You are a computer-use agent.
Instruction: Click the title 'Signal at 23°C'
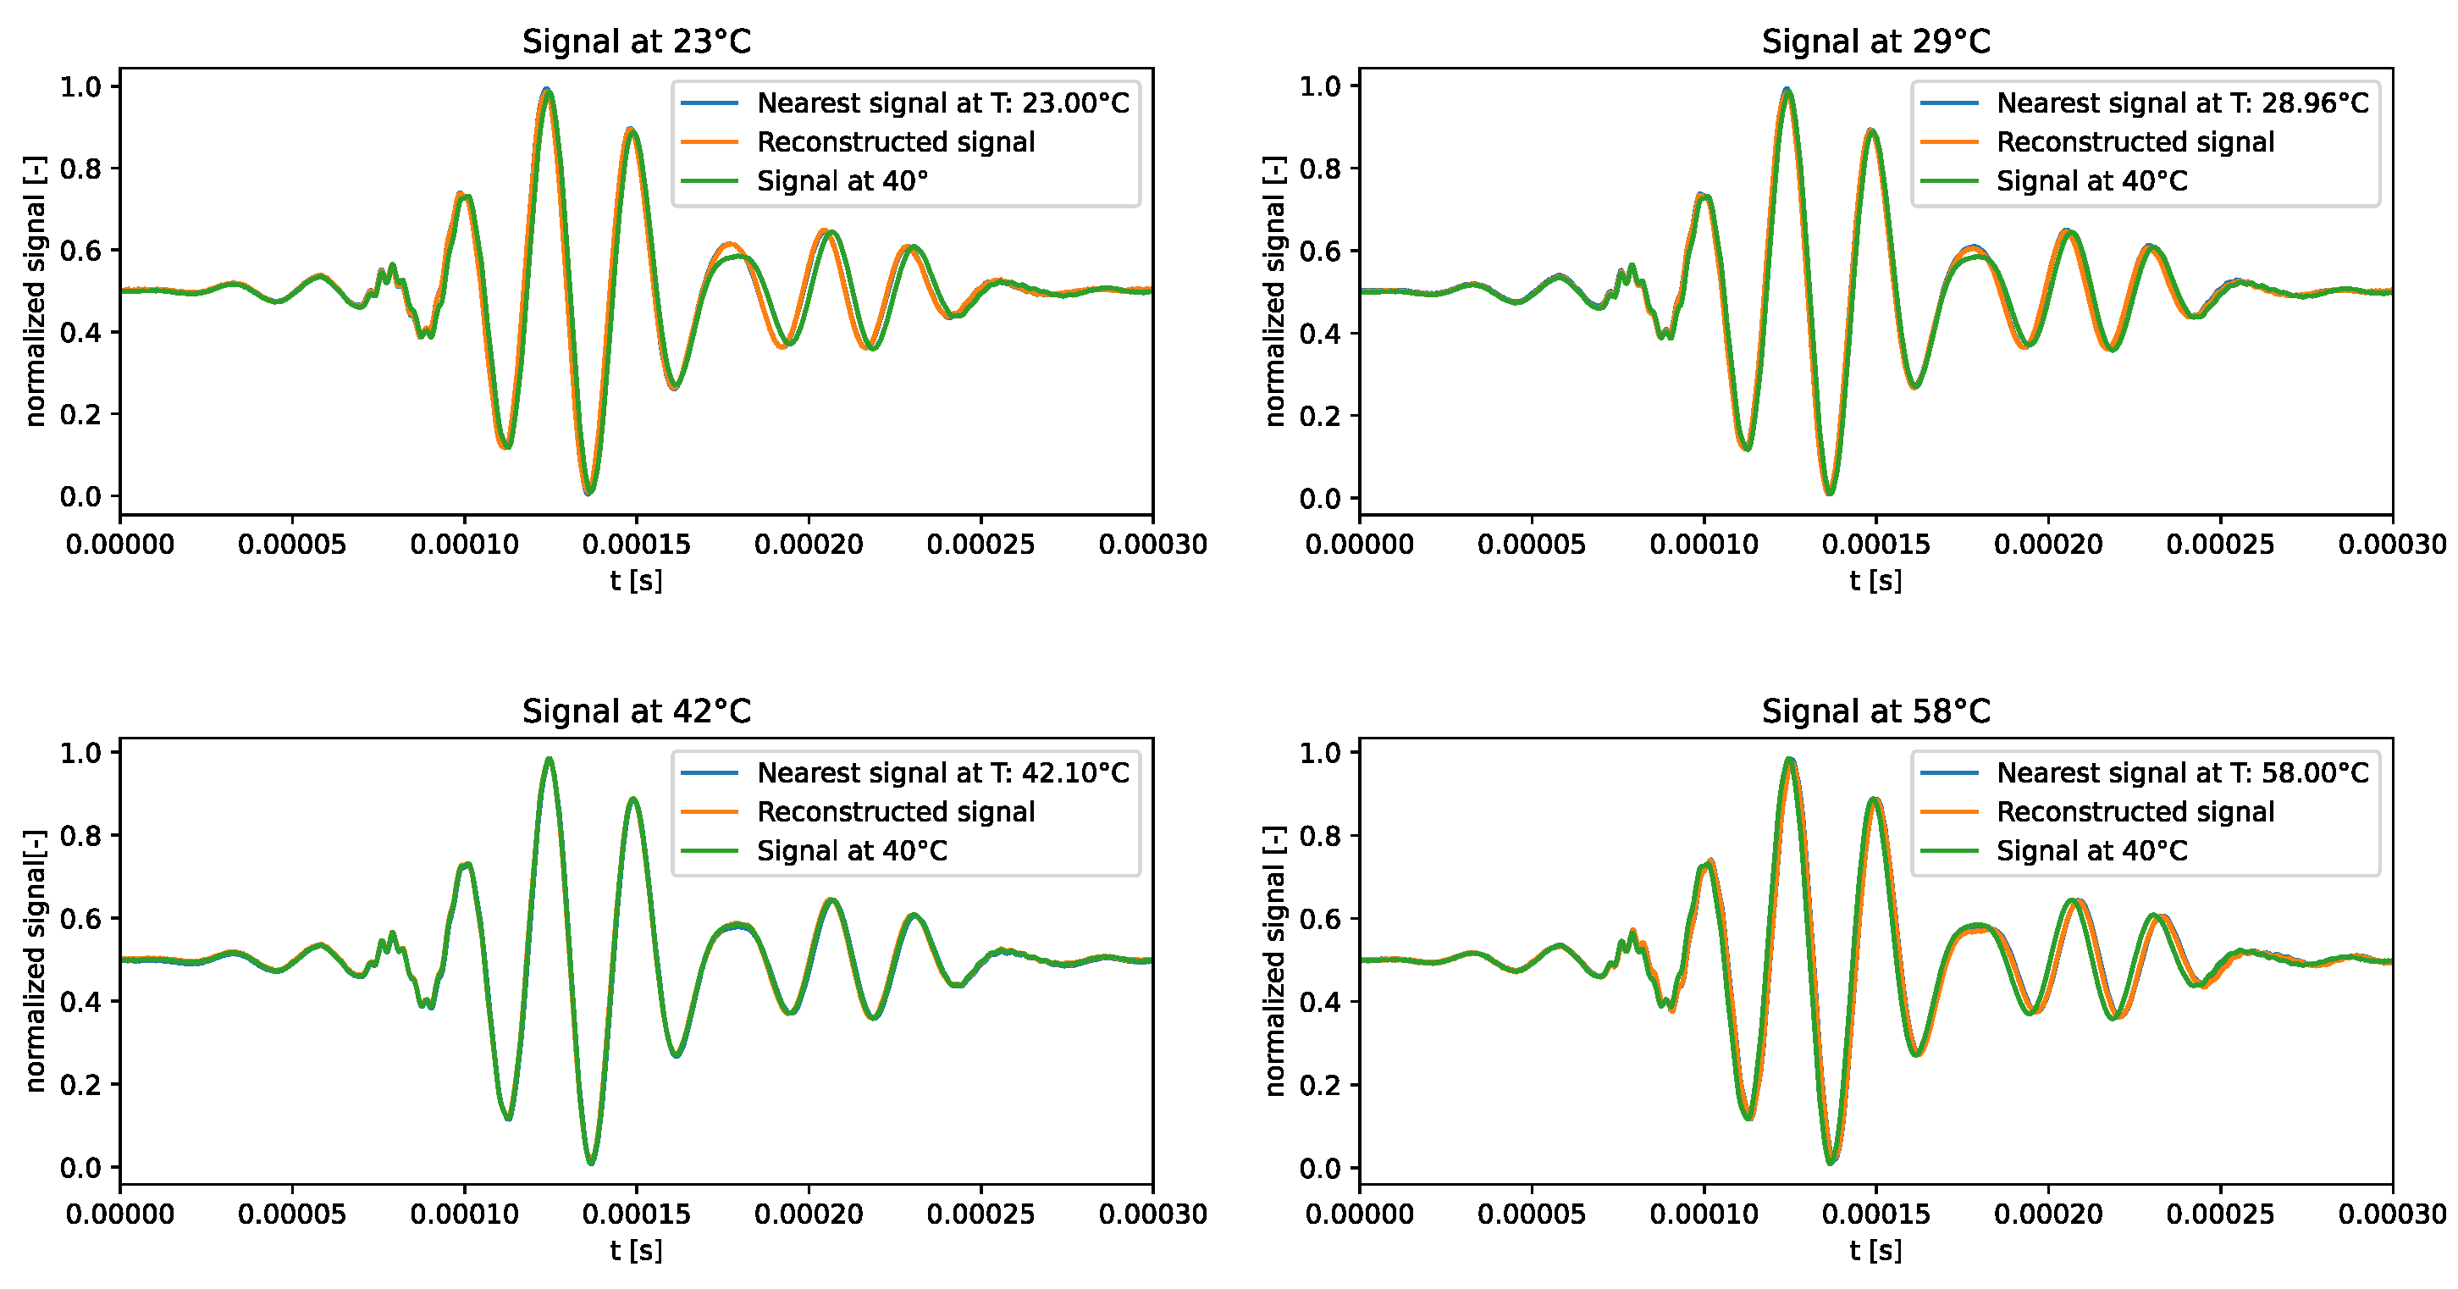coord(637,42)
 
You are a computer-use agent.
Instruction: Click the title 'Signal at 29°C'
coord(1876,42)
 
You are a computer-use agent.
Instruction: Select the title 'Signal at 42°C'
coord(637,711)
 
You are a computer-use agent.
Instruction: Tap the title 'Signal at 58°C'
coord(1876,711)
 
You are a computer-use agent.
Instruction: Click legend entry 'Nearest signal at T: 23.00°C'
coord(942,103)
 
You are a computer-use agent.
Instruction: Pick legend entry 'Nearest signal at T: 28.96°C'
coord(2182,103)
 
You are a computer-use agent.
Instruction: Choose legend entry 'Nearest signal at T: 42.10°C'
coord(942,773)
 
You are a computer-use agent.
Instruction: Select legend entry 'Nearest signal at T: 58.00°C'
coord(2182,773)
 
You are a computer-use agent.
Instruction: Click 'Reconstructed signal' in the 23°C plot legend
coord(895,142)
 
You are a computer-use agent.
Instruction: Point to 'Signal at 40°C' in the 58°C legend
coord(2091,851)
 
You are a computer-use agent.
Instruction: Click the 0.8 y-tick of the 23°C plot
coord(80,169)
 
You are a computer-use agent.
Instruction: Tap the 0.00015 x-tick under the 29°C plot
coord(1876,545)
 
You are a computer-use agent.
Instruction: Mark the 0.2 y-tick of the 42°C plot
coord(80,1085)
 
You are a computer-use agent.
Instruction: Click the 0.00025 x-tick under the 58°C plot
coord(2220,1214)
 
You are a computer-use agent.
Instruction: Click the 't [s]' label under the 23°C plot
coord(637,580)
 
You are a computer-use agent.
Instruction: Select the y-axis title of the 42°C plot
coord(36,960)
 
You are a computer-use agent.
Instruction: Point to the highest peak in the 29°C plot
coord(1788,91)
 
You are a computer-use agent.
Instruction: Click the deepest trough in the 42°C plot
coord(591,1161)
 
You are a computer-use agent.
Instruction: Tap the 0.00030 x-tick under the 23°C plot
coord(1152,545)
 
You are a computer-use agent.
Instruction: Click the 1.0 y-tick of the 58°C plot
coord(1320,753)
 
